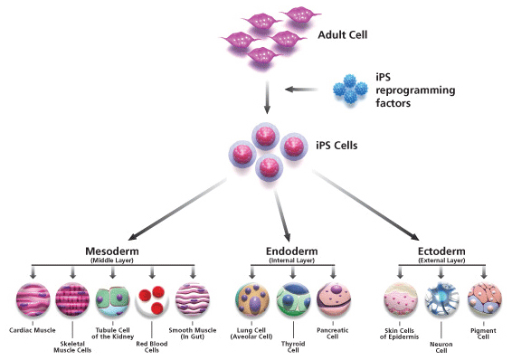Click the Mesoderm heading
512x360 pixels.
tap(112, 252)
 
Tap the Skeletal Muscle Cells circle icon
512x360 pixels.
tap(73, 299)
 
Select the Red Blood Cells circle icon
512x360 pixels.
tap(153, 299)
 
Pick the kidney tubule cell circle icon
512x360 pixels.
tap(113, 299)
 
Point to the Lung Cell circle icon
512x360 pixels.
tap(253, 299)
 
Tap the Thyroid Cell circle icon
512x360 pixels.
tap(293, 299)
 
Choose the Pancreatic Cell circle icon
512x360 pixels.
tap(333, 299)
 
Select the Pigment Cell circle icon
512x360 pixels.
tap(482, 299)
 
